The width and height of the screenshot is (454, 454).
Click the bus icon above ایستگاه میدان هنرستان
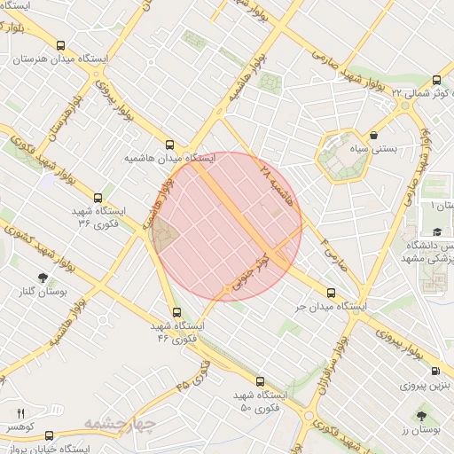point(61,46)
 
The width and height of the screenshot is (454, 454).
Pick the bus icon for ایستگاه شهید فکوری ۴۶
point(176,312)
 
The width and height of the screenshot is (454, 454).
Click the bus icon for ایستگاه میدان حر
point(332,293)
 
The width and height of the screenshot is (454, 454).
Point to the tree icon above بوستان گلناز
point(42,278)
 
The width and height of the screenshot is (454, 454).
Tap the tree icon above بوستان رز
point(420,415)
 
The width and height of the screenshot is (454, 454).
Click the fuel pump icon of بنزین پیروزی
point(434,372)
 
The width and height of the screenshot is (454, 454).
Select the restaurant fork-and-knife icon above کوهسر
point(20,413)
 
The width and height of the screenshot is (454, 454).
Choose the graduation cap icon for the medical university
point(437,231)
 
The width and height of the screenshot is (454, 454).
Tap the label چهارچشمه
point(121,424)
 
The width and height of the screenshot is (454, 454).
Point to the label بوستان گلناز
point(43,292)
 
